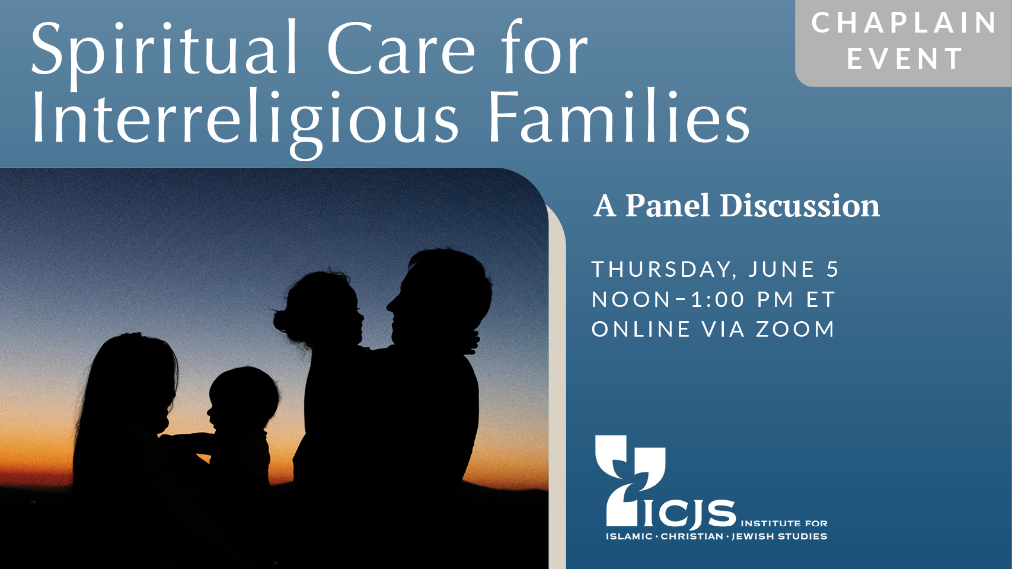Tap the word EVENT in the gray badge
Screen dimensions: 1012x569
(905, 59)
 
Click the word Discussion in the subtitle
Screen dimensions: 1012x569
(800, 206)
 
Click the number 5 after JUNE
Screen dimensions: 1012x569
(832, 269)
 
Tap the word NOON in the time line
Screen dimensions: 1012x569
(631, 299)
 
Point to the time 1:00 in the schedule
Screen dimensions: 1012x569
(718, 299)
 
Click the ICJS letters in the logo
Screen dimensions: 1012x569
(689, 513)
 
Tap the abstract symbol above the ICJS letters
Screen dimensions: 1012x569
(630, 480)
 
